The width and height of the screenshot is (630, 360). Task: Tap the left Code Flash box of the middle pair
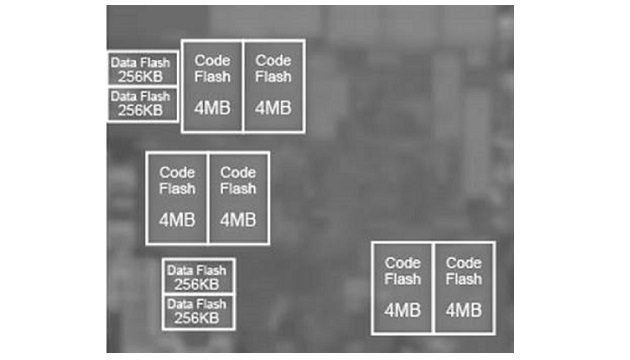[x=177, y=198]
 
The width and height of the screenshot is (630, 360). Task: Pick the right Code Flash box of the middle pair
[x=238, y=198]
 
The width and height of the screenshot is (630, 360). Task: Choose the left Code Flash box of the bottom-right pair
[x=402, y=288]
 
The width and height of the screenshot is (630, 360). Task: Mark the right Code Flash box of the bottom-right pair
[x=464, y=288]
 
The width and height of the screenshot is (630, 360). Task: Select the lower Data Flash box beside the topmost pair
[x=142, y=104]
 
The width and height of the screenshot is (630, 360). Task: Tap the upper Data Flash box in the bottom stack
[x=198, y=277]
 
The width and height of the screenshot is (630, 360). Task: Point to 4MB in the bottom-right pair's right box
[x=464, y=310]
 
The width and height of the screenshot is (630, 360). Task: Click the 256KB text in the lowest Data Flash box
[x=198, y=319]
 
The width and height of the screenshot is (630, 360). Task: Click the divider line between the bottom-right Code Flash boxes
[x=433, y=288]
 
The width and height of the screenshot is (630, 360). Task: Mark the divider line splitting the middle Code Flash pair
[x=208, y=198]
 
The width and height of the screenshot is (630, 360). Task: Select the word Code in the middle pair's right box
[x=238, y=172]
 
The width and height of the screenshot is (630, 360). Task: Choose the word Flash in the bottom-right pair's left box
[x=402, y=279]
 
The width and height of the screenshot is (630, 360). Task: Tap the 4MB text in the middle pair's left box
[x=177, y=219]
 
